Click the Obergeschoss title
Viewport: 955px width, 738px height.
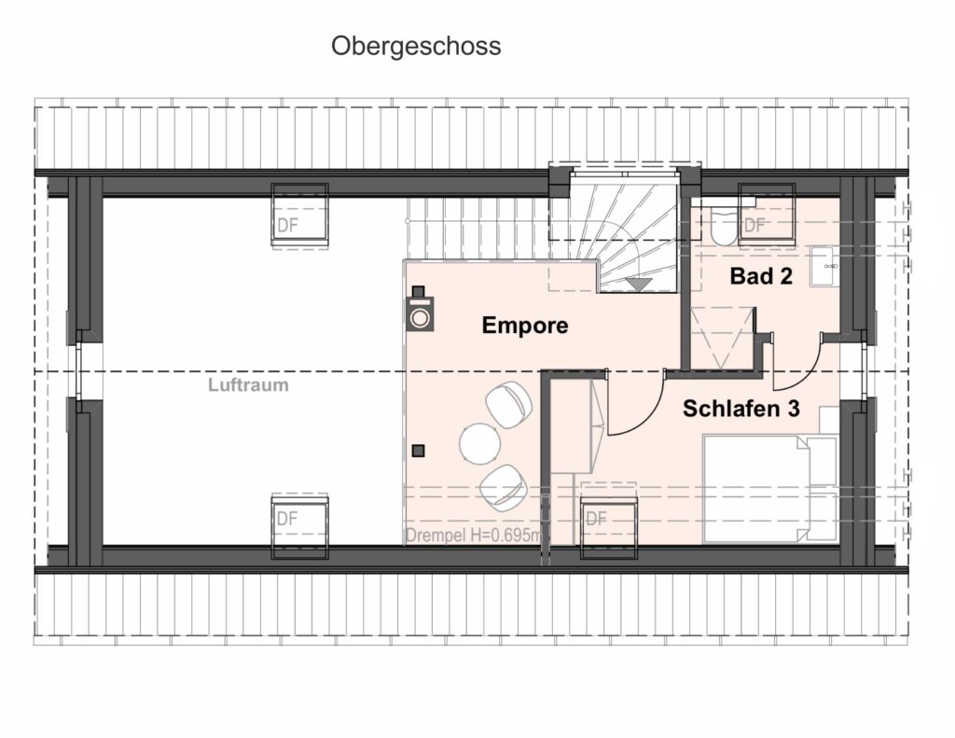coord(416,47)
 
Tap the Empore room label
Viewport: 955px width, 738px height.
coord(525,326)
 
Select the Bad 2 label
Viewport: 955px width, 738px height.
coord(761,276)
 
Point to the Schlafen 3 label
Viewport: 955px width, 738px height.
coord(740,409)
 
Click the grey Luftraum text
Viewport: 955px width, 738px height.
coord(248,385)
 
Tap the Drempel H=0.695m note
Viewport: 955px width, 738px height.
coord(473,536)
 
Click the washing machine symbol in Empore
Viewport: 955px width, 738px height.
coord(420,309)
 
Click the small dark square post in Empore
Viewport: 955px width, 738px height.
coord(419,451)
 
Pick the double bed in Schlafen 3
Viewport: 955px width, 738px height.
coord(770,488)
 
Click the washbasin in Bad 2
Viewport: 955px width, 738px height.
coord(824,267)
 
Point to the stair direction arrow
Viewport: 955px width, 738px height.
coord(640,284)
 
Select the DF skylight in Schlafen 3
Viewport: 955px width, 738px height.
coord(609,528)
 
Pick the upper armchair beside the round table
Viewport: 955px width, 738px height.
coord(508,404)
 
